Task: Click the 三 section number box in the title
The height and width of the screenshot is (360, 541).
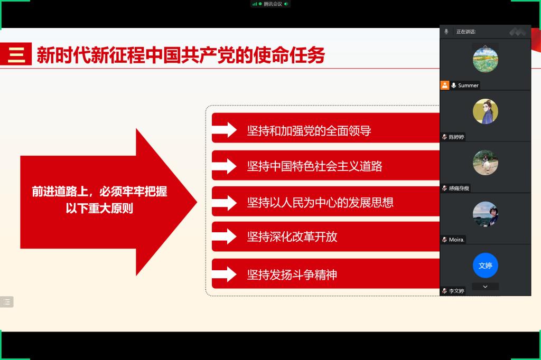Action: [16, 54]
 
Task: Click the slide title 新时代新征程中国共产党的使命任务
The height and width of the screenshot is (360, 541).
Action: [181, 55]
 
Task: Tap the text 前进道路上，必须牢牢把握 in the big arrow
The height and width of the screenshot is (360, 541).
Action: [99, 192]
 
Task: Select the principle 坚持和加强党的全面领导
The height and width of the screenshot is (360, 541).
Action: [309, 131]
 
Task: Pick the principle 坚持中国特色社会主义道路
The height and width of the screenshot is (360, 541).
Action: [315, 166]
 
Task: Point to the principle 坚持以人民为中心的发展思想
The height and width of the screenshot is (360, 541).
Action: [320, 202]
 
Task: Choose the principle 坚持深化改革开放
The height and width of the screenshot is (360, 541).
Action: [292, 236]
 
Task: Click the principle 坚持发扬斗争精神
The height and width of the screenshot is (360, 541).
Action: [292, 275]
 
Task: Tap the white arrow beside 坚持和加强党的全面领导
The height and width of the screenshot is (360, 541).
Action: [224, 130]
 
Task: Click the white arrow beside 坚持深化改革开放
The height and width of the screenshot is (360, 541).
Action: [224, 236]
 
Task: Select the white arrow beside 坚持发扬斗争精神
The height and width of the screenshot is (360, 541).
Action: [224, 274]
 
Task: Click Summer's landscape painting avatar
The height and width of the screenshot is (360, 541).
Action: [486, 60]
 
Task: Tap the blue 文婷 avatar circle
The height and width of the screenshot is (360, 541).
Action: [486, 265]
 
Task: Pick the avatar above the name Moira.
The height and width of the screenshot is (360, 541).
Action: [486, 214]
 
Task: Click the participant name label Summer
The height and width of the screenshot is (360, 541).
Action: [468, 85]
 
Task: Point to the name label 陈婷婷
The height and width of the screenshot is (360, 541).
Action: [456, 137]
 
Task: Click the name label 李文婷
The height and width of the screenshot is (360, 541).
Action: [456, 291]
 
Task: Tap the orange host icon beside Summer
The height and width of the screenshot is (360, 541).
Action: [445, 85]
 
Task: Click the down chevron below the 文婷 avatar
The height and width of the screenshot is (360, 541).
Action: [485, 287]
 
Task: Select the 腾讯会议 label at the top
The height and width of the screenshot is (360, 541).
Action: [273, 4]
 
